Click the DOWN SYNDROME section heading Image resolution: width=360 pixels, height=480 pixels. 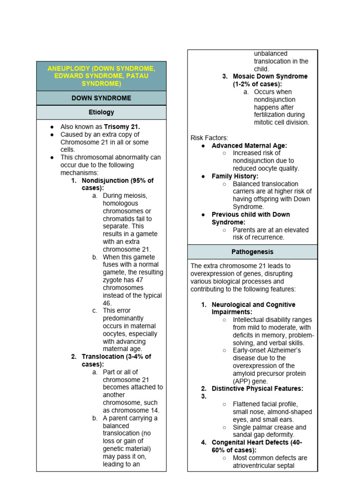pyautogui.click(x=101, y=98)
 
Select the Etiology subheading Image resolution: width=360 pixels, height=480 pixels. pyautogui.click(x=101, y=112)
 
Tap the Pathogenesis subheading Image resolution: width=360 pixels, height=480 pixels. pyautogui.click(x=252, y=252)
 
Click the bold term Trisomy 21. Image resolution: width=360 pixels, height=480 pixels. pyautogui.click(x=122, y=127)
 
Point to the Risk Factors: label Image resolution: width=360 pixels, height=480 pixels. pyautogui.click(x=209, y=138)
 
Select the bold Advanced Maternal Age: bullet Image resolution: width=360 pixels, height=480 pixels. pyautogui.click(x=249, y=145)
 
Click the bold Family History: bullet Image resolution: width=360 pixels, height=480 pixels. pyautogui.click(x=235, y=176)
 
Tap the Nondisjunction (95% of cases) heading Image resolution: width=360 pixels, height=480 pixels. pyautogui.click(x=117, y=180)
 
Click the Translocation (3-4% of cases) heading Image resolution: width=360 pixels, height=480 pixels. pyautogui.click(x=116, y=357)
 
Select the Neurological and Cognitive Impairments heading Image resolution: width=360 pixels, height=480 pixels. pyautogui.click(x=253, y=305)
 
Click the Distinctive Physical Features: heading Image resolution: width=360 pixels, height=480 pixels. pyautogui.click(x=257, y=389)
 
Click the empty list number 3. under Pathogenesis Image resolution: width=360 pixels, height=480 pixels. pyautogui.click(x=204, y=396)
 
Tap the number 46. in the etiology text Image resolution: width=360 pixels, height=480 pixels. pyautogui.click(x=107, y=303)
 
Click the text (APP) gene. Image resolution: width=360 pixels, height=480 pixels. pyautogui.click(x=250, y=381)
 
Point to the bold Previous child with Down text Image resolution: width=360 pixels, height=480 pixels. pyautogui.click(x=251, y=215)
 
